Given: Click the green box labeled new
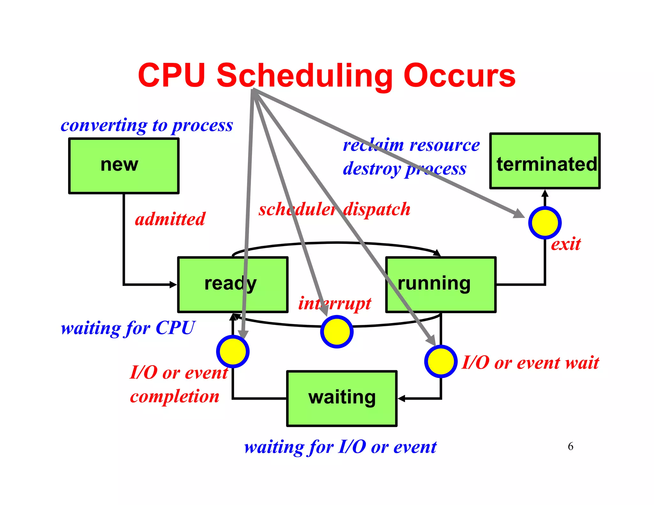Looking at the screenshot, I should (x=124, y=166).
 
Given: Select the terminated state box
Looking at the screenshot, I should (x=545, y=161).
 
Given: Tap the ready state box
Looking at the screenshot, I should (x=233, y=284).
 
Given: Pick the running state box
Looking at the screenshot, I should (x=441, y=284).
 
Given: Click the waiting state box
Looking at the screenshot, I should (x=342, y=398).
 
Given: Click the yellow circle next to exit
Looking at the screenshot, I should (x=545, y=222).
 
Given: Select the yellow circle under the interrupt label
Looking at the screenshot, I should (x=337, y=331).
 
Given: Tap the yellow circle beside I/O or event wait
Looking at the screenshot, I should (x=441, y=361).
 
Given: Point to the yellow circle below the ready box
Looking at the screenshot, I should (x=233, y=351).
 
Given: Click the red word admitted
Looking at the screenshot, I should (x=170, y=219).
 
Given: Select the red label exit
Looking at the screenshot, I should (x=566, y=244).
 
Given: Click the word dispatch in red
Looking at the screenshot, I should (x=377, y=209).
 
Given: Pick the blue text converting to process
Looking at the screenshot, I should (x=147, y=125).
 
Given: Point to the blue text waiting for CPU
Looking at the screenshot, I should (x=128, y=328).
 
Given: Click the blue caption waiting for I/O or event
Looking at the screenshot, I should (x=340, y=447).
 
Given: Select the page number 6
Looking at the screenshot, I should (x=570, y=446).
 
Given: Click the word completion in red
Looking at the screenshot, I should (x=175, y=396).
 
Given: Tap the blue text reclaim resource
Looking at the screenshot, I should (x=411, y=145).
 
